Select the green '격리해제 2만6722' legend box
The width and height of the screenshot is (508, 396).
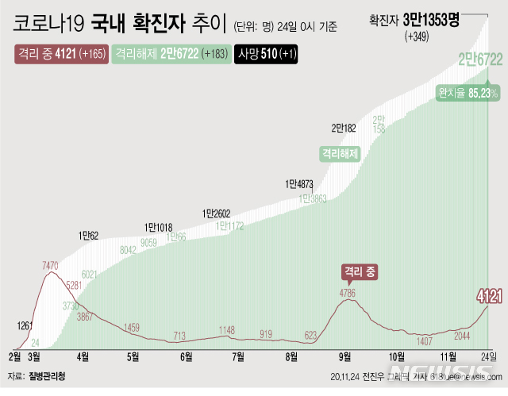(169, 55)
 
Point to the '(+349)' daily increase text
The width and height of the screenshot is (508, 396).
(418, 37)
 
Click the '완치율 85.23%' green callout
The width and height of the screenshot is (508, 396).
(468, 93)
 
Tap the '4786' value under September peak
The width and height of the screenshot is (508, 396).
(347, 293)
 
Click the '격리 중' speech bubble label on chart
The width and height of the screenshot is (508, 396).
(360, 272)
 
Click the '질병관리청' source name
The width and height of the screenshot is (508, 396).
(48, 375)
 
